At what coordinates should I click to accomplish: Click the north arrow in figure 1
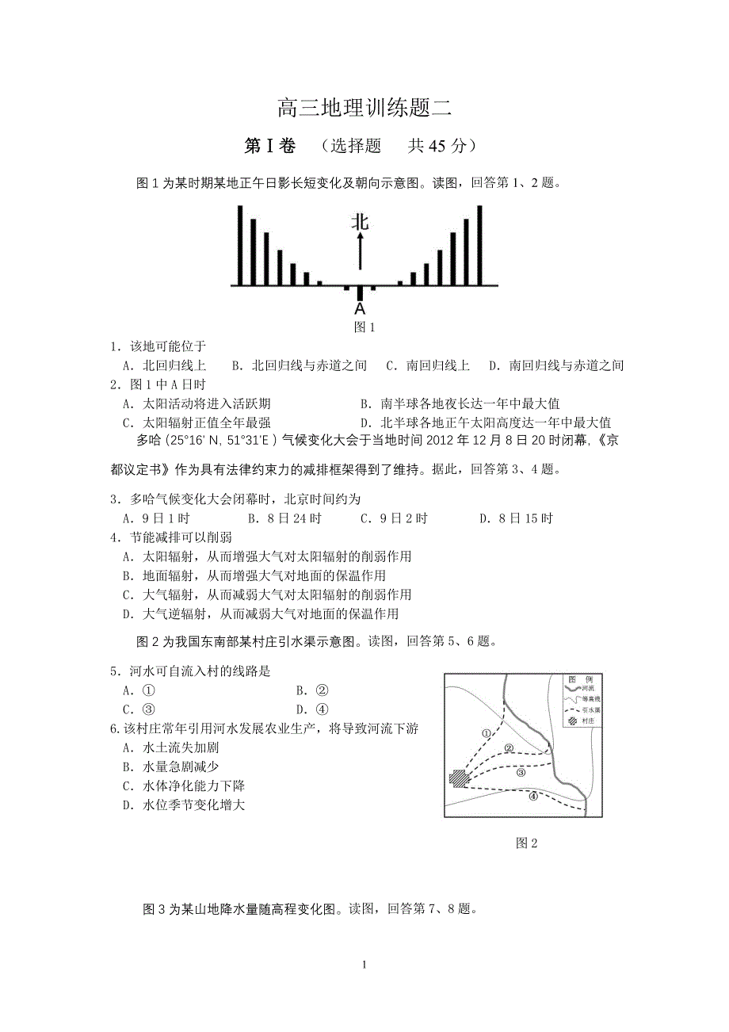361,252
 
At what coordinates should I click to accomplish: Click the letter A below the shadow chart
360,309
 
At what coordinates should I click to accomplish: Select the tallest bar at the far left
240,245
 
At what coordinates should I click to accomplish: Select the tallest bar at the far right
479,245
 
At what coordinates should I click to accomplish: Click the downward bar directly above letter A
360,292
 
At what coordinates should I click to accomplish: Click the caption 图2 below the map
526,843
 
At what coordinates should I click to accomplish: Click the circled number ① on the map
486,733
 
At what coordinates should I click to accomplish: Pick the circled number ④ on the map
533,797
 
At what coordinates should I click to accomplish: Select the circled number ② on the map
510,747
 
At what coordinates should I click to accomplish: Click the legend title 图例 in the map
575,680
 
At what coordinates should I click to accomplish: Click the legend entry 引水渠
588,711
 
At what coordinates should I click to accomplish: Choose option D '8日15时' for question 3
516,519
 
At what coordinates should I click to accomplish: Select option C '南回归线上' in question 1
428,365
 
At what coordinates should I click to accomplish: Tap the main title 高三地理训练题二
364,107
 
